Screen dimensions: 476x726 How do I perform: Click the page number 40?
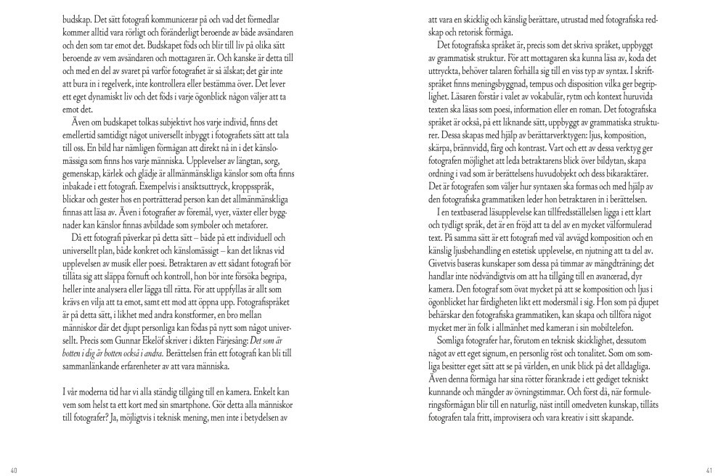pyautogui.click(x=15, y=469)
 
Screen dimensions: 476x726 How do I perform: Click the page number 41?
pyautogui.click(x=710, y=469)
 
